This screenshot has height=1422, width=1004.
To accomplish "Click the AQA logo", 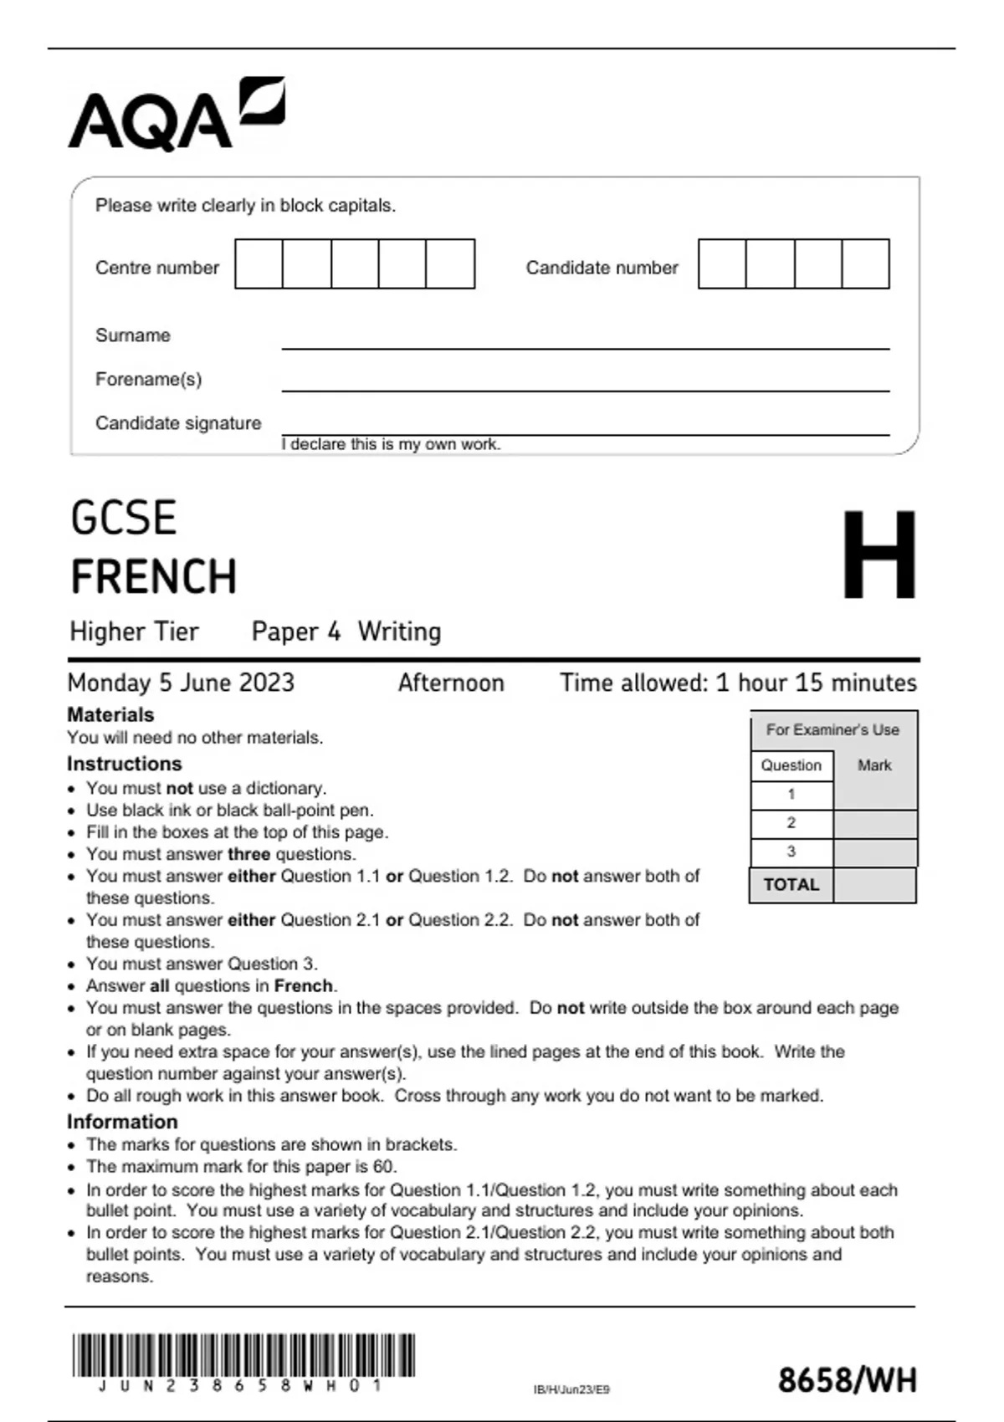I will point(176,115).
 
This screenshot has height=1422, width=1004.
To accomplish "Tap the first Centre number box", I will point(259,264).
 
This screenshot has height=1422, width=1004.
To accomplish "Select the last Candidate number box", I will point(865,264).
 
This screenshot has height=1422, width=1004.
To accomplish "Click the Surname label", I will point(133,335).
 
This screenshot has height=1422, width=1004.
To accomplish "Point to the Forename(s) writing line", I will point(585,389).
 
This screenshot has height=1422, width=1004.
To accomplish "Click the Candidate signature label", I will point(178,423).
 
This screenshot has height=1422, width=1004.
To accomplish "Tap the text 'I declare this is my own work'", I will point(391,444).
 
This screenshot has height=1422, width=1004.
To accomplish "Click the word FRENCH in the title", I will point(154,577).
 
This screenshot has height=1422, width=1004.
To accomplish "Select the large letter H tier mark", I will point(878,555).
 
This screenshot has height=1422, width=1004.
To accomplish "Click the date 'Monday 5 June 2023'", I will point(181,683).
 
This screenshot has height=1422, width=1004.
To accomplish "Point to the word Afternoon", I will point(451,683).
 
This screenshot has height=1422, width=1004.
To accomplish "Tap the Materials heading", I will point(110,715).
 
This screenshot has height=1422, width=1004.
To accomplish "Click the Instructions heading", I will point(124,764).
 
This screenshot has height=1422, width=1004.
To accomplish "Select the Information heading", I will point(122,1122).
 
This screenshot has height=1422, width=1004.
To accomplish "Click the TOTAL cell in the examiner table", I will point(791,885).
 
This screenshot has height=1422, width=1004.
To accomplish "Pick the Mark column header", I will point(874,765).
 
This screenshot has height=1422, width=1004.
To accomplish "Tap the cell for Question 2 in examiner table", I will point(791,823).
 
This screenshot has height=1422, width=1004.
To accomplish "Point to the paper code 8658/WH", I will point(847,1380).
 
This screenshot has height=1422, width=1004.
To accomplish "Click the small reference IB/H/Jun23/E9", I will point(571,1389).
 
